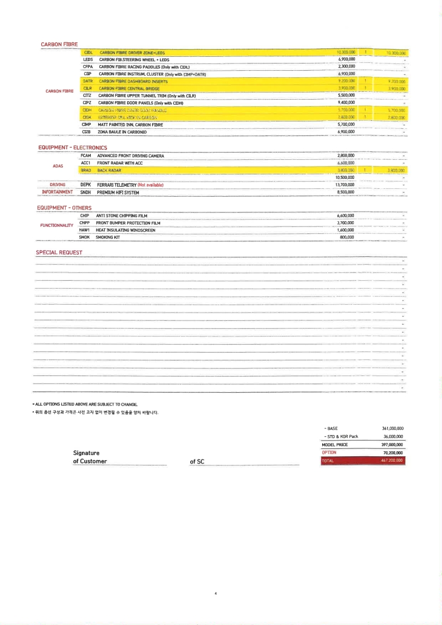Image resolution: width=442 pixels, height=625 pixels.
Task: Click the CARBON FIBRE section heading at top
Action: point(59,44)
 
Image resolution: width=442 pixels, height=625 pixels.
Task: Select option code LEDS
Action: point(88,59)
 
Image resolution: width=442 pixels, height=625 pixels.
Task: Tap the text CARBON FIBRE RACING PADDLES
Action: point(144,66)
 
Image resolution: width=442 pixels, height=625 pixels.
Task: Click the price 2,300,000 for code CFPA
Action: point(347,66)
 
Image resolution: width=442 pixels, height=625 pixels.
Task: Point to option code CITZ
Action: point(87,95)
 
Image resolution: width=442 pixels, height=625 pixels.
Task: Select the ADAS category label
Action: point(58,166)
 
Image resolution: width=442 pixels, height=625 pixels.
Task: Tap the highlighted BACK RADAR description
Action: point(109,170)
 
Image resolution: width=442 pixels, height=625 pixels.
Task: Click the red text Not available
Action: point(150,185)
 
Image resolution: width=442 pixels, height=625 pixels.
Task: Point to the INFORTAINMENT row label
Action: point(57,192)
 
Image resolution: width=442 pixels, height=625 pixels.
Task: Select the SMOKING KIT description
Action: point(108,237)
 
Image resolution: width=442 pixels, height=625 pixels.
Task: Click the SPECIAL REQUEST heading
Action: point(59,252)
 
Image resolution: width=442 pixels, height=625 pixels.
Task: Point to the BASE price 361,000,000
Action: point(392,428)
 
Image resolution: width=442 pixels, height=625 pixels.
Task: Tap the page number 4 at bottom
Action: point(216,593)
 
